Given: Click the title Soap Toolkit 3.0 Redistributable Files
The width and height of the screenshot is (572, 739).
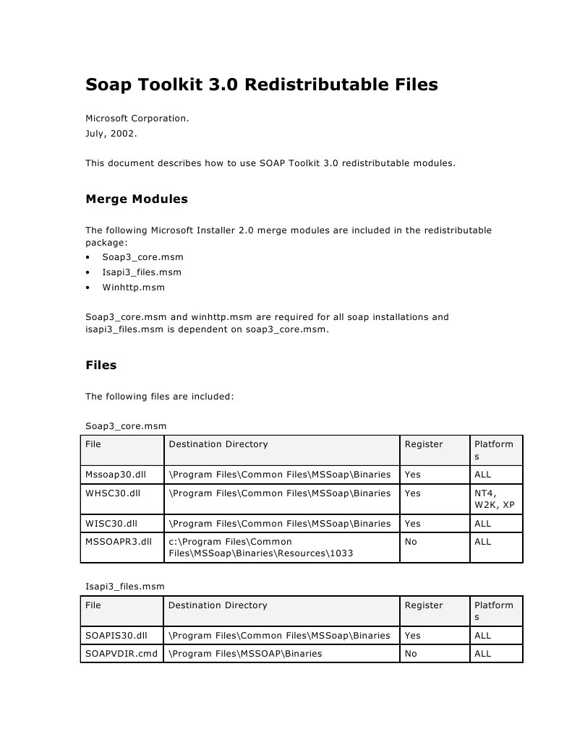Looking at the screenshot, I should [x=262, y=85].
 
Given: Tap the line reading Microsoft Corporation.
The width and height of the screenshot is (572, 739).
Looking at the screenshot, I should [x=137, y=118].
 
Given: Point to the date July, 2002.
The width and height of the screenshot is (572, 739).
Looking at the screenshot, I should [x=111, y=134].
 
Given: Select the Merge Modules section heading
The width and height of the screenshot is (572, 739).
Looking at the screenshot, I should [x=137, y=199].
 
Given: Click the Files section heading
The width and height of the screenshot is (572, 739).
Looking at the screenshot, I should [x=101, y=366].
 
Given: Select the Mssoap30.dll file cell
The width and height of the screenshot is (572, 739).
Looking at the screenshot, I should [x=116, y=475].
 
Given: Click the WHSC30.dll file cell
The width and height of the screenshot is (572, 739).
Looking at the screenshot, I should [x=112, y=493].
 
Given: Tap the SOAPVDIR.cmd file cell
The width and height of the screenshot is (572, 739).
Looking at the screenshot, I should [x=121, y=654].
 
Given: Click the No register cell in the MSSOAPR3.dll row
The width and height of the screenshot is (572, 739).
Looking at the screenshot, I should [x=411, y=542].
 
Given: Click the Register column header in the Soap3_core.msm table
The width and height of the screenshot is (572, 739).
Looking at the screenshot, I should [x=424, y=444].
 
